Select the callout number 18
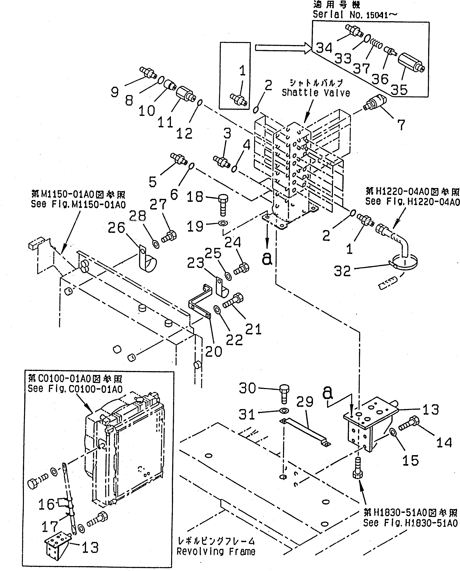(x=195, y=197)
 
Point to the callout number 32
(x=342, y=271)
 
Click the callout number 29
(x=305, y=402)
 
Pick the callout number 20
(x=213, y=352)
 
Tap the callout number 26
(x=116, y=227)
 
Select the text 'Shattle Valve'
(x=316, y=93)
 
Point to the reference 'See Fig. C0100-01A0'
(x=75, y=389)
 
